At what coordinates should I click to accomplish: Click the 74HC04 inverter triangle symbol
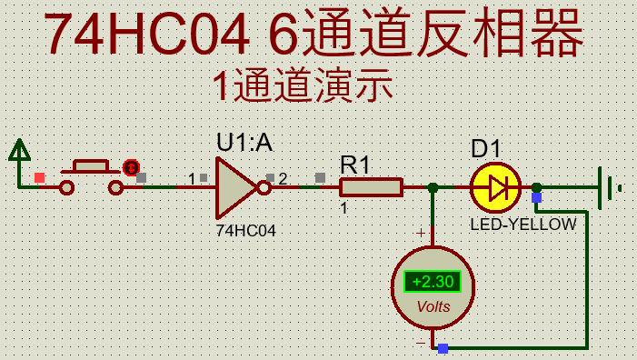234,187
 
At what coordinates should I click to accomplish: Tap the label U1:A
244,143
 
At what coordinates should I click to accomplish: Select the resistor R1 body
371,187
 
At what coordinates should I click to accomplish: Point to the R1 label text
355,165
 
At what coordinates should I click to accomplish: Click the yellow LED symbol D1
495,188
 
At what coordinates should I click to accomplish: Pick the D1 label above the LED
486,149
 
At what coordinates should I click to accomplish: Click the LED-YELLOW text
523,224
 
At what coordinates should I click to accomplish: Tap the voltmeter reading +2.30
433,282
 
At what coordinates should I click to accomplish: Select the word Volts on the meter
433,306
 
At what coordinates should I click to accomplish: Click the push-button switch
91,175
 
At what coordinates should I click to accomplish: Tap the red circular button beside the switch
131,167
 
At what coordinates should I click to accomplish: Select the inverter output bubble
264,188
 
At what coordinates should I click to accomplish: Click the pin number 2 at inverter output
283,179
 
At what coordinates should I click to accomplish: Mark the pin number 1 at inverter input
192,178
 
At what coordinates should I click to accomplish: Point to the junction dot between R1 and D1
433,188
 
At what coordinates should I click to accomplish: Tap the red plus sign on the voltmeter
421,234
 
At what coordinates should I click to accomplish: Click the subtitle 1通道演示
303,85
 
